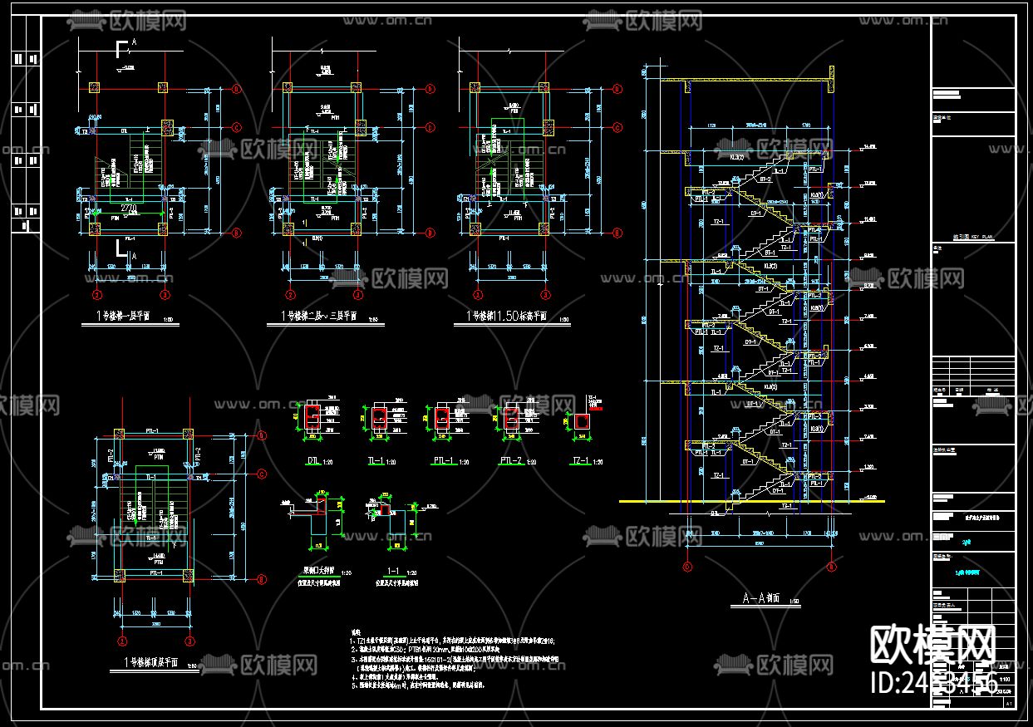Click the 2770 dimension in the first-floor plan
(128, 208)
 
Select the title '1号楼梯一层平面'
(125, 316)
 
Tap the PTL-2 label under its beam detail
(510, 461)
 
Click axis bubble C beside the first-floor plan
(236, 127)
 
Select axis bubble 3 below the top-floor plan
(190, 641)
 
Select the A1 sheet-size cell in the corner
(1008, 702)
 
